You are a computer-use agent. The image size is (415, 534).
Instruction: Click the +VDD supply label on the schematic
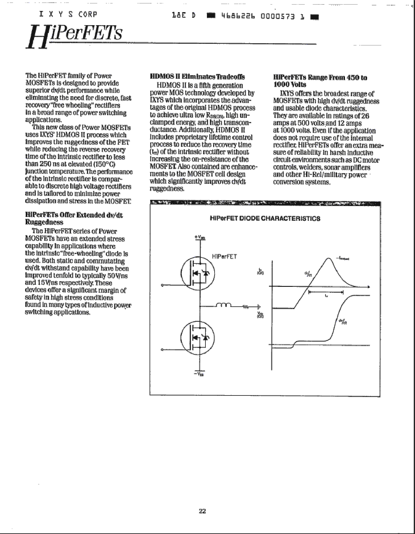point(200,237)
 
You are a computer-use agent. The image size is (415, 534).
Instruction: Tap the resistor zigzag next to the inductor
point(246,306)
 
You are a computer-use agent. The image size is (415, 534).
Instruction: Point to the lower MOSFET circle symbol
point(198,338)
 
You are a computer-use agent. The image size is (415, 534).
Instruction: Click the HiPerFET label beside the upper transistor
point(224,257)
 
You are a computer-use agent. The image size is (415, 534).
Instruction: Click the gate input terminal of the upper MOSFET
point(162,285)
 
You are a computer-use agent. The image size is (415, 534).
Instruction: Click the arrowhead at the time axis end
point(368,287)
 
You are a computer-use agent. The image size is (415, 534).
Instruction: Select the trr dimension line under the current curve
point(325,292)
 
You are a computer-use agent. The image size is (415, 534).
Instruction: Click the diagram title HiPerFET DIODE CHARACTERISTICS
point(265,219)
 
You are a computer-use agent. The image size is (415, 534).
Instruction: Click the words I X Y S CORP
point(68,14)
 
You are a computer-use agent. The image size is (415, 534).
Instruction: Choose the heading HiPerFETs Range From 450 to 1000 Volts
point(320,81)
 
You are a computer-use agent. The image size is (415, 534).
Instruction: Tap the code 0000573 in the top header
point(277,17)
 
